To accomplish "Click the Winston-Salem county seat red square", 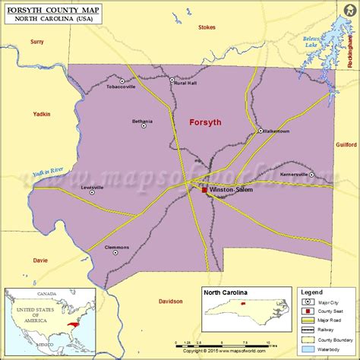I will tap(204, 191).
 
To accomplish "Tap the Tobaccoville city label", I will tap(120, 87).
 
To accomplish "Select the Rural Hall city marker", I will tap(172, 79).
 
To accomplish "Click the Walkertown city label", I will tap(274, 131).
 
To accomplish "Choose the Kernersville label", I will tap(294, 175).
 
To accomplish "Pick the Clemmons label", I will tap(116, 247).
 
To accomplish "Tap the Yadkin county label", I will tap(41, 115).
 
